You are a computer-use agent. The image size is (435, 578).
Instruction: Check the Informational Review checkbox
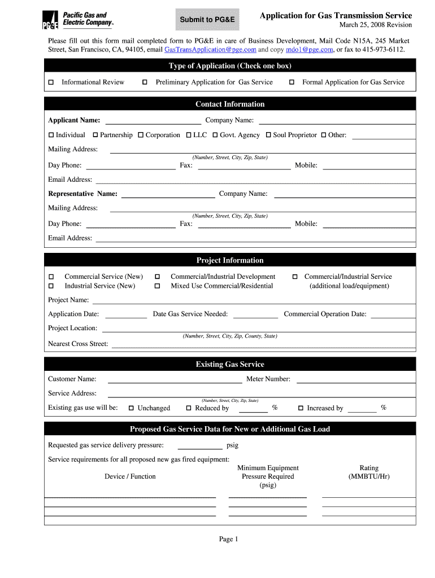(51, 82)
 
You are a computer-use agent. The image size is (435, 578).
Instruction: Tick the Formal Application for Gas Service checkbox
(292, 82)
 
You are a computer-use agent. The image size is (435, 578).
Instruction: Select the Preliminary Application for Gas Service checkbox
(145, 82)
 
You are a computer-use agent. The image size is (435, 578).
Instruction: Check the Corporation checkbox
(141, 135)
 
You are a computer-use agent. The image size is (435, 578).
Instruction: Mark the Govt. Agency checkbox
(215, 135)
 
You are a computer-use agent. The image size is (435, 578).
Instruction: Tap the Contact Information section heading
(230, 104)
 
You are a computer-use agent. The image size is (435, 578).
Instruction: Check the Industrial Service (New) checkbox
(51, 286)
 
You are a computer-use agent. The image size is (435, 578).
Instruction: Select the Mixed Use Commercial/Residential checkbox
(158, 286)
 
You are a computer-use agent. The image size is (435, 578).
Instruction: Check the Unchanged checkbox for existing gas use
(131, 408)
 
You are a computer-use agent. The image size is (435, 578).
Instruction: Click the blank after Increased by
(362, 409)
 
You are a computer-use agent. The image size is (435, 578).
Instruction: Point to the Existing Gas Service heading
(230, 365)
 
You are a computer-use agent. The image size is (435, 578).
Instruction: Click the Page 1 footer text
(229, 539)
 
